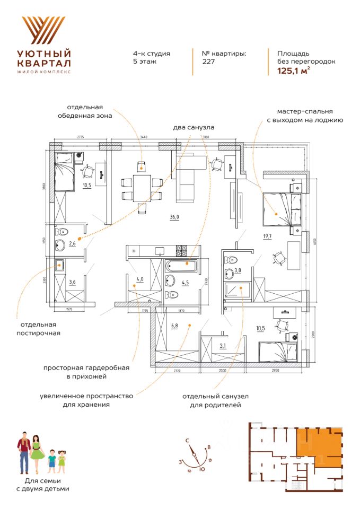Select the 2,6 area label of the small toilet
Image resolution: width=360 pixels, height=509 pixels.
click(x=72, y=244)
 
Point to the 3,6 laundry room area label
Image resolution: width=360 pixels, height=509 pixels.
click(x=73, y=282)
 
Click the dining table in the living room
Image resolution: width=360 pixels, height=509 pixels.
click(x=141, y=189)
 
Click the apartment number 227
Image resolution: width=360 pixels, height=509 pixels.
click(x=208, y=61)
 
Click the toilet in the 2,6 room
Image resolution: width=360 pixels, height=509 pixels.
click(x=63, y=232)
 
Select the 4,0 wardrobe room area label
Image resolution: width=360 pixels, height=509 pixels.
click(x=140, y=278)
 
